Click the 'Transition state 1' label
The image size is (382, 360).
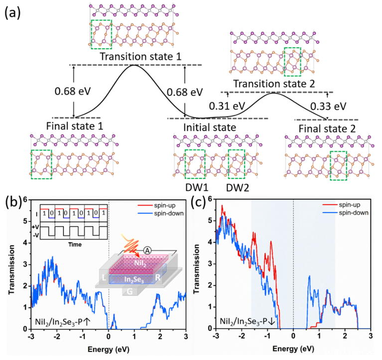135,57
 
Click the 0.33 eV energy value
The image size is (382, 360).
327,106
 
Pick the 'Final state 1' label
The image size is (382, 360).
74,126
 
